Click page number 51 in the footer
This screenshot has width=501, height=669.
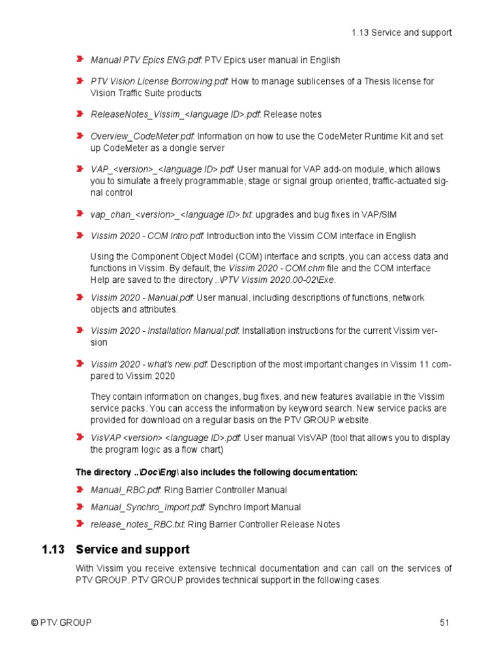445,623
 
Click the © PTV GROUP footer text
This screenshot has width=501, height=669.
61,623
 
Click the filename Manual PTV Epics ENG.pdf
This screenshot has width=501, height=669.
145,60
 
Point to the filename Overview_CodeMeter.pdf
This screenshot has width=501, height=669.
142,137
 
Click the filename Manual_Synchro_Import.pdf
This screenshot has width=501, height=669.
148,507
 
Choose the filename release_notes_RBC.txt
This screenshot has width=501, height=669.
136,524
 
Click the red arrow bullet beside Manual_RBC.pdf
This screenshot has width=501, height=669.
80,489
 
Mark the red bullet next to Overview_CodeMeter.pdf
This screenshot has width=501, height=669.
80,136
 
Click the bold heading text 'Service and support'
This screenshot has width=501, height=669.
132,549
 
